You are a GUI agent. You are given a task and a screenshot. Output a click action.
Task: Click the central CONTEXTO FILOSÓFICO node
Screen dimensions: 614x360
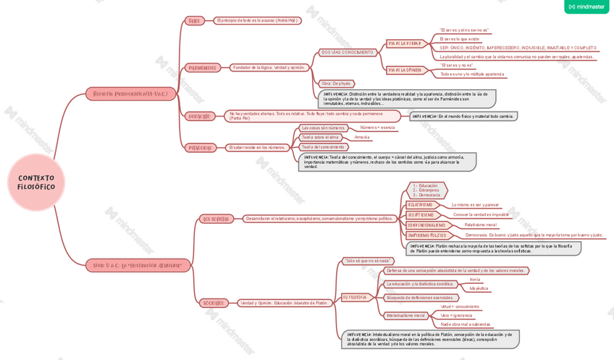pos(36,182)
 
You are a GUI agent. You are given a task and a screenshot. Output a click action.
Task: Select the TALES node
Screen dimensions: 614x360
pos(194,21)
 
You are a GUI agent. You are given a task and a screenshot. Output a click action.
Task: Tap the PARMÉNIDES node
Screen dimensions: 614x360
pos(201,67)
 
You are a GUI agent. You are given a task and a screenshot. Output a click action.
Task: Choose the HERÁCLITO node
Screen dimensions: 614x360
pos(199,116)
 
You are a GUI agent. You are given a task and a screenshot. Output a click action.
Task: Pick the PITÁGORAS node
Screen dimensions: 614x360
pos(201,148)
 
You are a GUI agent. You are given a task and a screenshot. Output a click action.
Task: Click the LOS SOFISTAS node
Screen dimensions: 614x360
pos(215,219)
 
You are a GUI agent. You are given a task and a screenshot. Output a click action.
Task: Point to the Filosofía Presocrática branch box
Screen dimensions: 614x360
pos(131,94)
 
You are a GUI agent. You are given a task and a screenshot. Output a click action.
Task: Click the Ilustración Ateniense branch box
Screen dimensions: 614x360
pos(138,266)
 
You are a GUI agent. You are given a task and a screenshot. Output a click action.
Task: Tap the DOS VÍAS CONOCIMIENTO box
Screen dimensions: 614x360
pos(348,52)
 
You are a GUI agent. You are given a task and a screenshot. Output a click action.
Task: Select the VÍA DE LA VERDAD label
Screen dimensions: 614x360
pos(404,43)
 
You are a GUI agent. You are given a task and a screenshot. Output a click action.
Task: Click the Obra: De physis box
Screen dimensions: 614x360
pos(336,83)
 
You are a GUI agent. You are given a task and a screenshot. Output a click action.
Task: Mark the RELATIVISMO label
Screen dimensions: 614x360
pos(420,205)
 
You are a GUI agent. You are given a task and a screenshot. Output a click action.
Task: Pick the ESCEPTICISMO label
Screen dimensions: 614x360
pos(421,215)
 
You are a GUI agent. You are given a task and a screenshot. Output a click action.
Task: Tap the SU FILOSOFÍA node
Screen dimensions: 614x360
pos(356,297)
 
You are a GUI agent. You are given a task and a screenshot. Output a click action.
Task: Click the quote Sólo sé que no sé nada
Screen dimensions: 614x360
pos(368,261)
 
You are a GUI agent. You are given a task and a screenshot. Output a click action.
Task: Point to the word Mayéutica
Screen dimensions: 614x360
pos(479,288)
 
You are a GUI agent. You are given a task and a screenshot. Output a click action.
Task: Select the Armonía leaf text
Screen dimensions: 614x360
pos(362,137)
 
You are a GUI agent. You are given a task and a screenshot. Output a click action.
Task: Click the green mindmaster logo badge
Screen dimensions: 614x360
pos(586,7)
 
